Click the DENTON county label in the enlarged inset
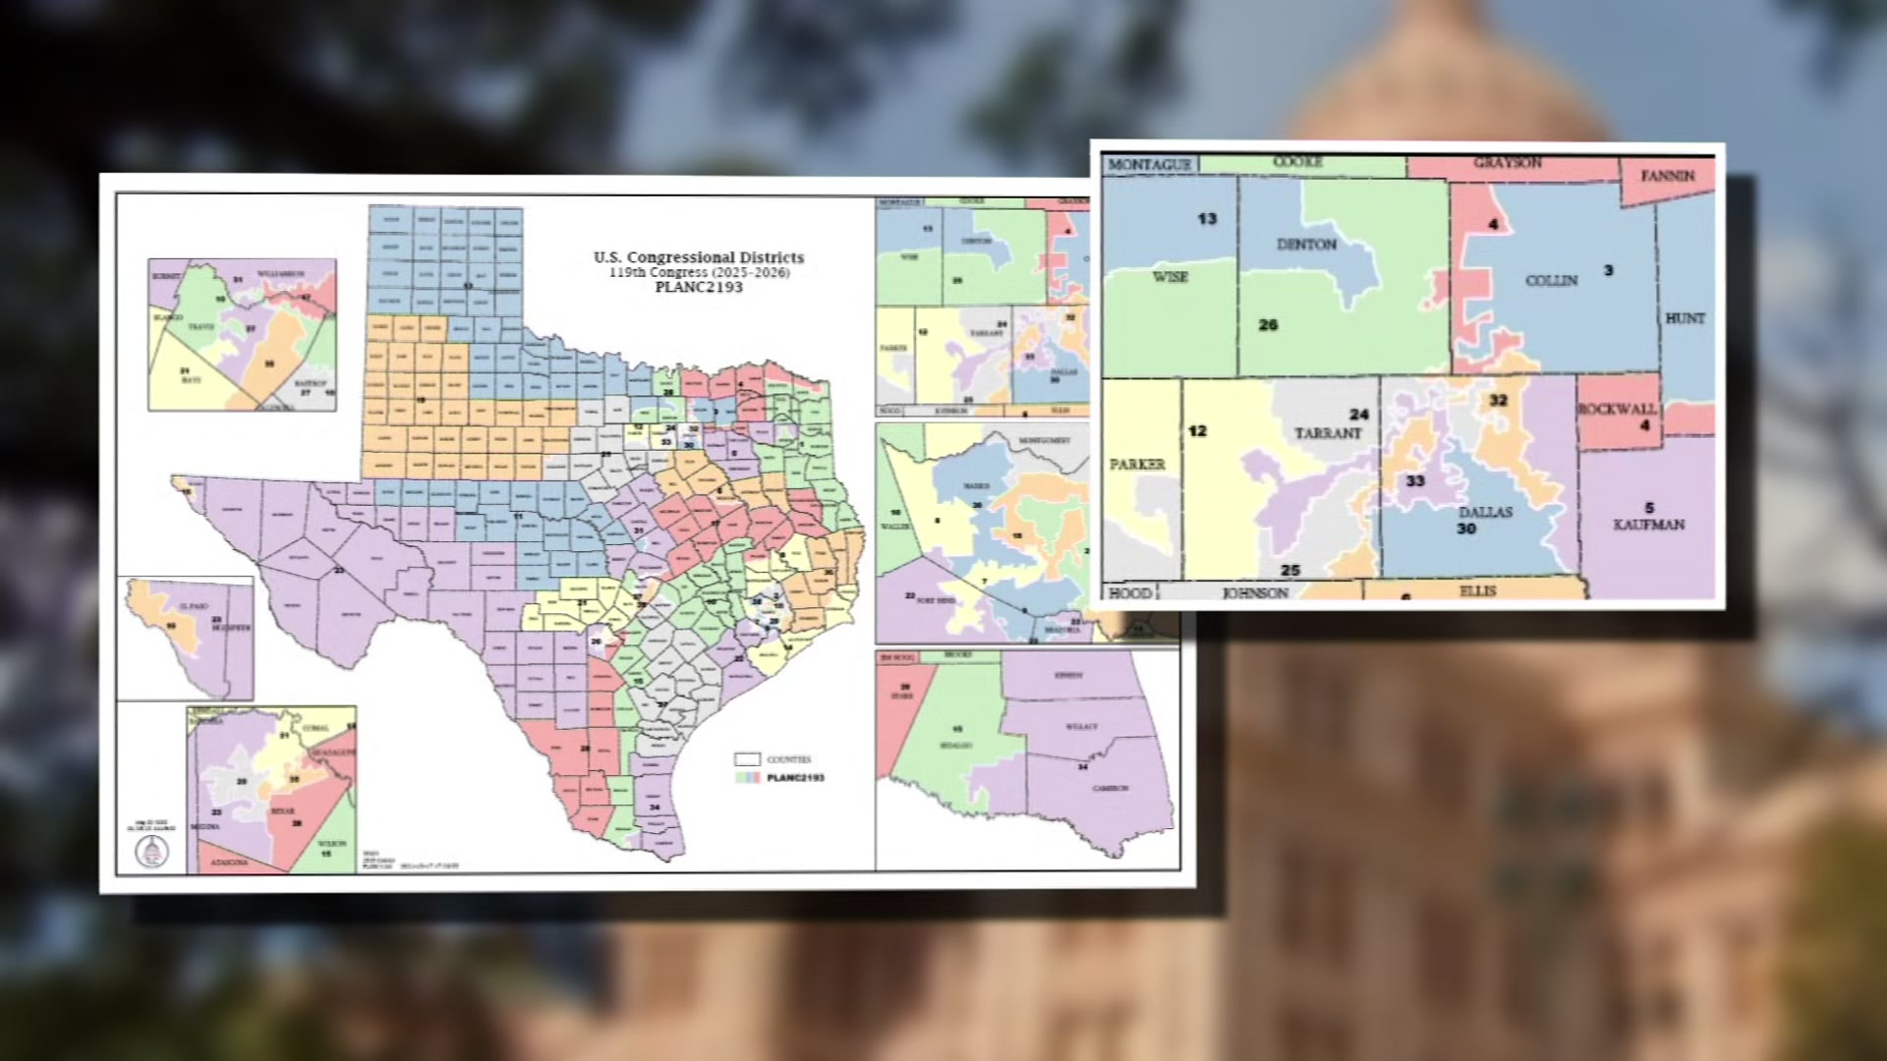[1306, 244]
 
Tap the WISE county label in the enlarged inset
[1170, 277]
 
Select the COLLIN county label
[1551, 280]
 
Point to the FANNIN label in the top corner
[1668, 176]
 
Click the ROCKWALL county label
[1617, 409]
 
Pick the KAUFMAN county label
[1648, 525]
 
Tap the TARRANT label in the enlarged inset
[1328, 433]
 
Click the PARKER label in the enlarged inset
[1137, 464]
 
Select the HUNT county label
[1685, 318]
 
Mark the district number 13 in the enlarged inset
[1207, 219]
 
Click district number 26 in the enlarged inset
[1268, 325]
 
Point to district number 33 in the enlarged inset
[1414, 481]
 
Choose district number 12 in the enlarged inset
[1197, 431]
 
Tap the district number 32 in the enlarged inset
[1498, 401]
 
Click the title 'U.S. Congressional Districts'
[698, 257]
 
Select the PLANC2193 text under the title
[699, 288]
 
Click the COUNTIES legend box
[747, 759]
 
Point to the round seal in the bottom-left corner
[151, 851]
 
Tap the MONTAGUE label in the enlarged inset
[1149, 164]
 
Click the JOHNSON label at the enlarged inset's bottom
[1254, 593]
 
